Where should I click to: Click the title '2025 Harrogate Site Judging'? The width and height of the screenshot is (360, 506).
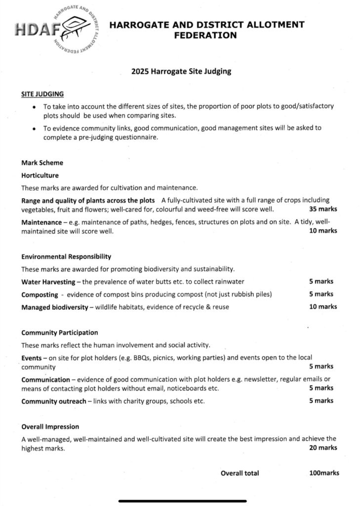(x=181, y=71)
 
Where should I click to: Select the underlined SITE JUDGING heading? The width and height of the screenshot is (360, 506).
(x=42, y=93)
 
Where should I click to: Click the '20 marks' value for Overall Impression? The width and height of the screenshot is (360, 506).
(x=323, y=448)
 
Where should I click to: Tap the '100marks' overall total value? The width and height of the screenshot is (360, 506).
(x=324, y=473)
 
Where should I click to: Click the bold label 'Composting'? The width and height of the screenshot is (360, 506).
(x=40, y=295)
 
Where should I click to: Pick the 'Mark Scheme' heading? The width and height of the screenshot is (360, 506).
(x=42, y=163)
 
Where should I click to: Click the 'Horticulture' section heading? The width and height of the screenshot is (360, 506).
(x=40, y=175)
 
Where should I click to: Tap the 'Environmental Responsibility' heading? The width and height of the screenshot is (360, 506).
(x=66, y=256)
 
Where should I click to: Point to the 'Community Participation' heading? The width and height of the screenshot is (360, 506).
(x=59, y=333)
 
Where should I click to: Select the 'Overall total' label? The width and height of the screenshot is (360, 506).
(x=240, y=473)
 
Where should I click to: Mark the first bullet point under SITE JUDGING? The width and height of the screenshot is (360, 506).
(x=33, y=107)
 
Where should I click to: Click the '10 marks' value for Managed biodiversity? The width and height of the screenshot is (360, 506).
(x=323, y=307)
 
